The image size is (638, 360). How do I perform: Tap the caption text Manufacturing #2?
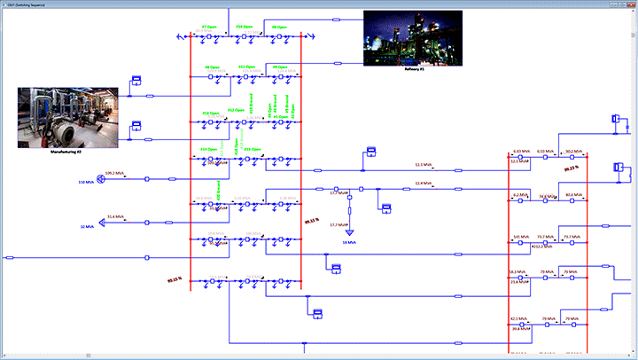tap(67, 153)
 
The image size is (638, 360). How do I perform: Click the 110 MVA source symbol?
tap(101, 179)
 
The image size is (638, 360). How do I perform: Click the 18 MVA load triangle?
tap(350, 232)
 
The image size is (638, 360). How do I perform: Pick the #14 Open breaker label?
tap(210, 149)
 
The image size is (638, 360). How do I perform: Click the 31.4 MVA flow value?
tap(116, 216)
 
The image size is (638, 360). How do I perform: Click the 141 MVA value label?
tap(520, 237)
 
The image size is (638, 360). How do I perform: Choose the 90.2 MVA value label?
tap(572, 152)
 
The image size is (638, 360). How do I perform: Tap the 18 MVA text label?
tap(350, 241)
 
